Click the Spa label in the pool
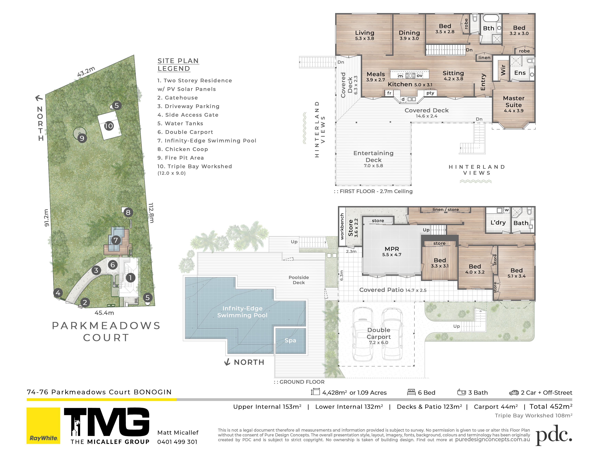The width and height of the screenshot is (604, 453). click(290, 341)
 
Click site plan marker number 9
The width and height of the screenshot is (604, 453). click(82, 138)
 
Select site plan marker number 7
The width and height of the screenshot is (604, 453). click(116, 240)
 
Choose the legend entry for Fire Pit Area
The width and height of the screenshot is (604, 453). click(180, 158)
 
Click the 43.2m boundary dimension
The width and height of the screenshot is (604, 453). click(86, 72)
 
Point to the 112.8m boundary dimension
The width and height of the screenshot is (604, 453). click(151, 213)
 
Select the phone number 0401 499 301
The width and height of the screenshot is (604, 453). click(177, 442)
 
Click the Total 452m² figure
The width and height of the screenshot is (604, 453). click(551, 407)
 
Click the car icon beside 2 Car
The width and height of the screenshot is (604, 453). click(514, 393)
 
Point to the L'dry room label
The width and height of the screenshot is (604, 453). click(498, 223)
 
